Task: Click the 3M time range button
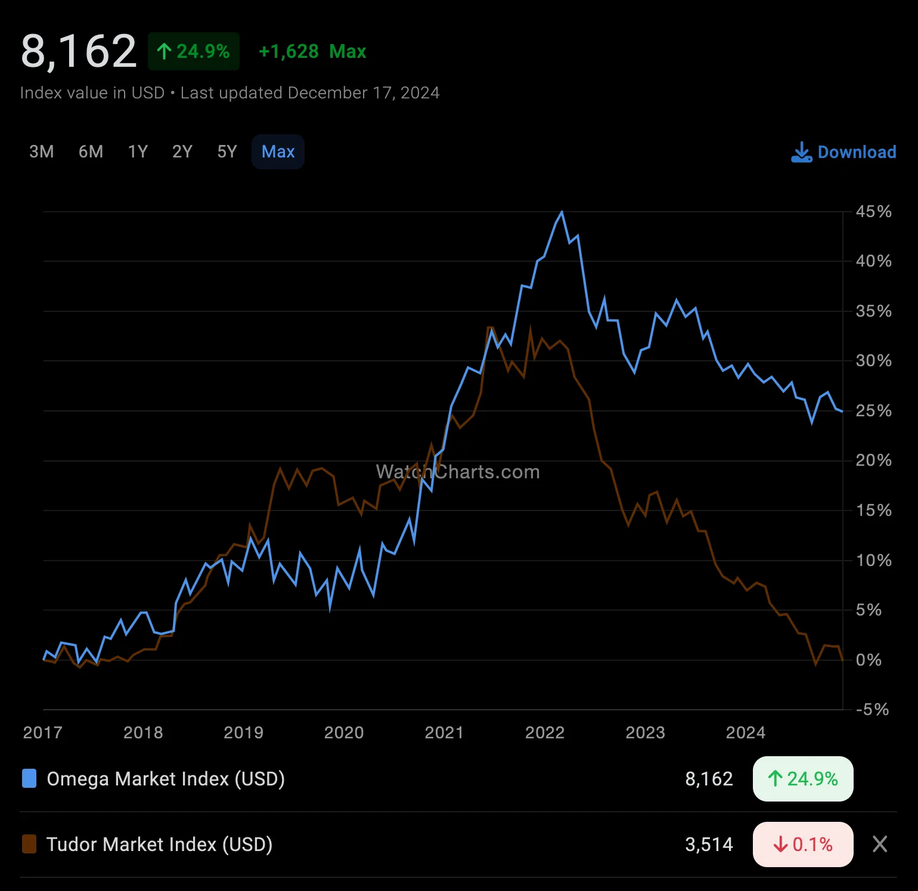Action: coord(42,152)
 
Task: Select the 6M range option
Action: coord(91,152)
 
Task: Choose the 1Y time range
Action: coord(138,152)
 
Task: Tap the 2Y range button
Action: coord(182,152)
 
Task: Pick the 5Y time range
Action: coord(227,152)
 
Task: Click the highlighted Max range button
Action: coord(278,152)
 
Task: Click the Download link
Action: coord(843,152)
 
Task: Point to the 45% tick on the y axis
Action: coord(873,212)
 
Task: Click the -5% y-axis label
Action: coord(872,710)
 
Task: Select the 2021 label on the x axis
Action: coord(444,733)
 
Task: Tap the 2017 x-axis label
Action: coord(42,733)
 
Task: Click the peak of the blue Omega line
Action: coord(562,212)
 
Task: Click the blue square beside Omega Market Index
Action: coord(29,779)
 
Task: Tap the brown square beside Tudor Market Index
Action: coord(29,844)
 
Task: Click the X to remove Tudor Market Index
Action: coord(880,844)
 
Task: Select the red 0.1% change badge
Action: coord(803,844)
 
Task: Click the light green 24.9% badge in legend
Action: coord(803,779)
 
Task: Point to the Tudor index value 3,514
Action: coord(709,844)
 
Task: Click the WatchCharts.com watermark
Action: coord(458,472)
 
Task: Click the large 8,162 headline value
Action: coord(79,51)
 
